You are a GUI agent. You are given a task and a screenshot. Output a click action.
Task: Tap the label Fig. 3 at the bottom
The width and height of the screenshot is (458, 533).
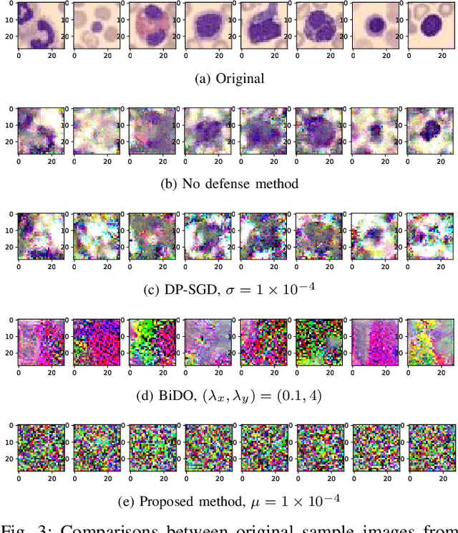(x=20, y=527)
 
